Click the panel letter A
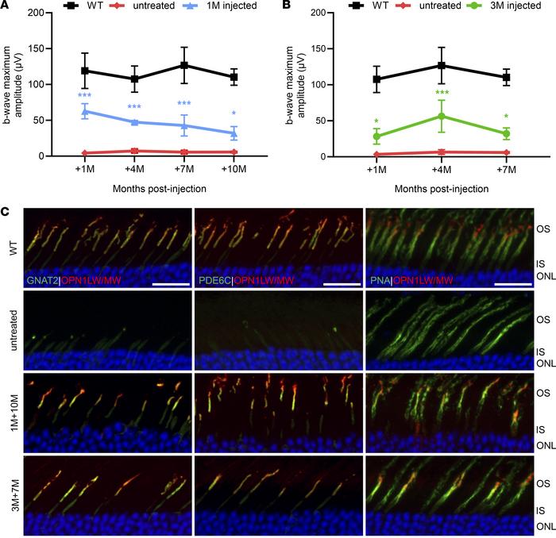[6, 8]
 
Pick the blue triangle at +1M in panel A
[83, 112]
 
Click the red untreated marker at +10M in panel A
[234, 152]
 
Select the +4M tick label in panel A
[133, 170]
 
